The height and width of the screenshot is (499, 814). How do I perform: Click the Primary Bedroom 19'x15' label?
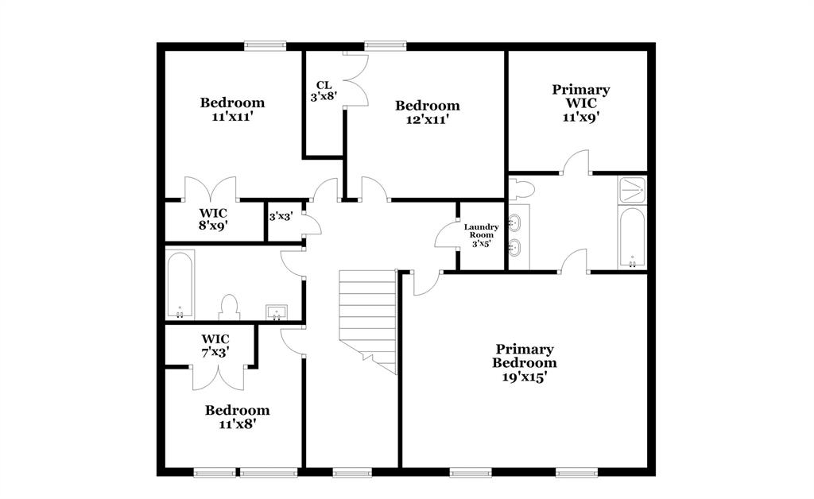(525, 363)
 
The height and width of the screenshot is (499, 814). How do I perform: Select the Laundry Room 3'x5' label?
(481, 235)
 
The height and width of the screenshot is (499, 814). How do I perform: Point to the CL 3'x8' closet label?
(324, 91)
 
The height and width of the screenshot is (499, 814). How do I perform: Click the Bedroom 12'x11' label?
(428, 112)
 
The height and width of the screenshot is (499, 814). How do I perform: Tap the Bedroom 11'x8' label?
(237, 417)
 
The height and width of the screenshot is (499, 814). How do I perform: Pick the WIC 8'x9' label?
(213, 219)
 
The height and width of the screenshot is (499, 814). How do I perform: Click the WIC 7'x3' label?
(215, 345)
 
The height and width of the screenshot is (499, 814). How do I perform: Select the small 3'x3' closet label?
(279, 216)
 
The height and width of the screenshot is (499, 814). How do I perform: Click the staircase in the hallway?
(368, 318)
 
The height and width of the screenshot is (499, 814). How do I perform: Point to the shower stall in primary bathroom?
(633, 190)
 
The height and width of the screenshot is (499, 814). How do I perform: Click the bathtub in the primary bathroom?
(633, 238)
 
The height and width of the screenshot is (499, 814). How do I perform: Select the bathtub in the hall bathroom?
(180, 284)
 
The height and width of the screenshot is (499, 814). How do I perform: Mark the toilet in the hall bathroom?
(229, 308)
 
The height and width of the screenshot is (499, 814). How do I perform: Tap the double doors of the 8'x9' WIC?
(211, 189)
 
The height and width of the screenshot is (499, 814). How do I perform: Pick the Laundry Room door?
(444, 235)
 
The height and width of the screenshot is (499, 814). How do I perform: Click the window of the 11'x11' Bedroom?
(265, 45)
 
